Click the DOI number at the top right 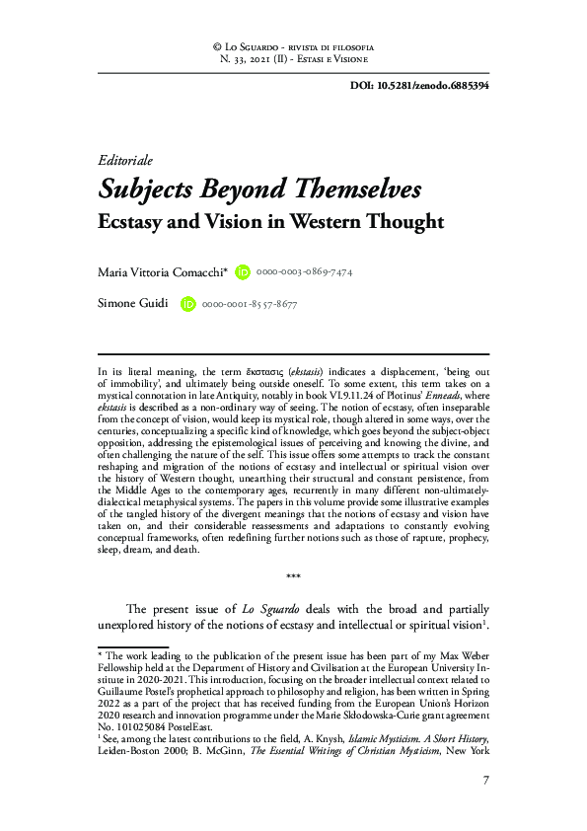tap(434, 85)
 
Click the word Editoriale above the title tap(126, 161)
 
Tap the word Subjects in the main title tap(158, 189)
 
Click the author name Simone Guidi tap(134, 305)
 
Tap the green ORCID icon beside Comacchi tap(243, 271)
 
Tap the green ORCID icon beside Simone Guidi tap(187, 305)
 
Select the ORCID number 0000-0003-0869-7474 tap(304, 271)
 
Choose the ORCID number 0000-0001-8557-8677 tap(249, 305)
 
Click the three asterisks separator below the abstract tap(293, 576)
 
